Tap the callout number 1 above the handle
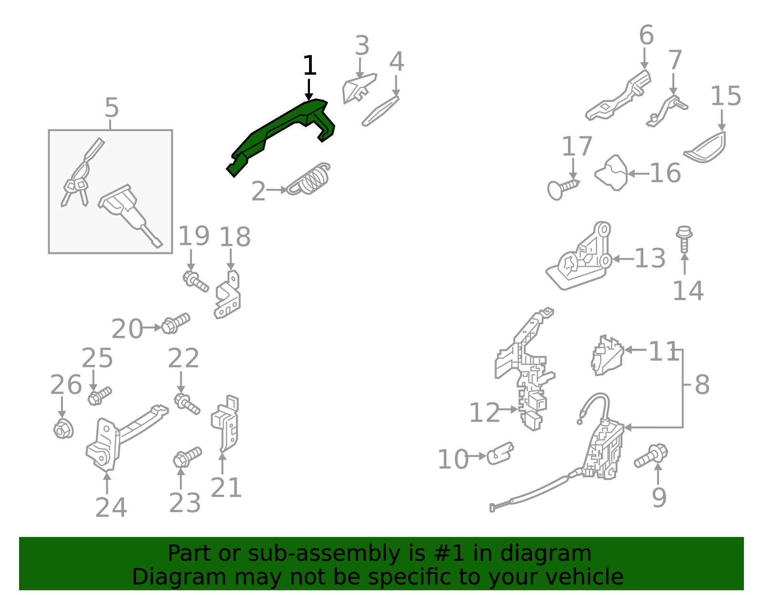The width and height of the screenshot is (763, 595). click(309, 65)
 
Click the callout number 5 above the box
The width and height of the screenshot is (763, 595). click(112, 108)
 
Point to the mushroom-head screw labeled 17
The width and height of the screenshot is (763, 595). click(563, 190)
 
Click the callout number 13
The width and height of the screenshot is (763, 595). click(650, 258)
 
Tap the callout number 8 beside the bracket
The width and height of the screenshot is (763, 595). click(702, 384)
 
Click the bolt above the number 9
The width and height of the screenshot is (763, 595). click(651, 455)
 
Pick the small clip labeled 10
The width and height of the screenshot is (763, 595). click(500, 454)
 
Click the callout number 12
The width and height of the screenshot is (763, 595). click(484, 413)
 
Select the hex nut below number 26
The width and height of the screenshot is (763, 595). click(63, 429)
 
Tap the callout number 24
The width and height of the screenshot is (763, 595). click(111, 507)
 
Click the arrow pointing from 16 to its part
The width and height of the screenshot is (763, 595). click(639, 173)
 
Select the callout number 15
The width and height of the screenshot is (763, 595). click(726, 96)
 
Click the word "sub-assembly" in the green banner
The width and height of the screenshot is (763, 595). click(327, 554)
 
